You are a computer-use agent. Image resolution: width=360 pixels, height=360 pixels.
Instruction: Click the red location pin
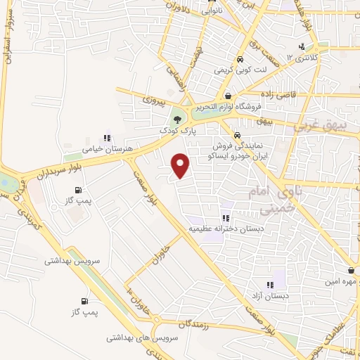click(x=181, y=165)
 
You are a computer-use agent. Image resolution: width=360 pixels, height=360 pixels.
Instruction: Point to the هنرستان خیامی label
click(x=102, y=149)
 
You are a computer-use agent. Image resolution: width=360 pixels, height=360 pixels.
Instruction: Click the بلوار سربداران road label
click(x=46, y=171)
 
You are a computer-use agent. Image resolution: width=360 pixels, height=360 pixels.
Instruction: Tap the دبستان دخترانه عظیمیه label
click(x=225, y=229)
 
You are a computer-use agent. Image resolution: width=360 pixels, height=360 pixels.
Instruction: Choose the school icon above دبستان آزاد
click(x=269, y=284)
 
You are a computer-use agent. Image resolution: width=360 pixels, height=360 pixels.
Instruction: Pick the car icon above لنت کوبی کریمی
click(x=240, y=60)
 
